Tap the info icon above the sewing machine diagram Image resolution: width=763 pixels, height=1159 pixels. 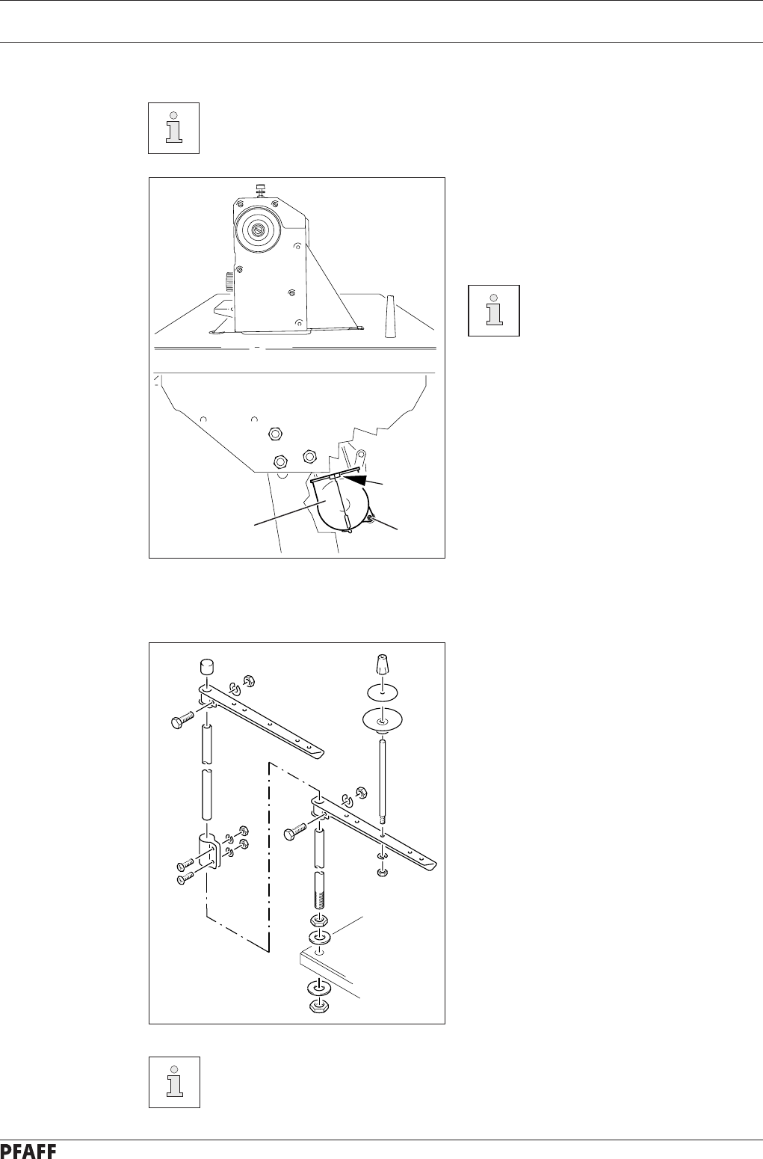(x=173, y=128)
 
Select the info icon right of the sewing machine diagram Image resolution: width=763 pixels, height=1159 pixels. (x=493, y=310)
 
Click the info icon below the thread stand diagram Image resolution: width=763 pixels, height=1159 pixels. (x=173, y=1081)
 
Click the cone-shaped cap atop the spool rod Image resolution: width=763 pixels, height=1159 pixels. (x=381, y=663)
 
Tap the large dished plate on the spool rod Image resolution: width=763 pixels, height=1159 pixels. (x=382, y=719)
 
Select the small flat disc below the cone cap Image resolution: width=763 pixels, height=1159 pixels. (x=381, y=690)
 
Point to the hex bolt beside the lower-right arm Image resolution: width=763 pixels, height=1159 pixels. (x=294, y=830)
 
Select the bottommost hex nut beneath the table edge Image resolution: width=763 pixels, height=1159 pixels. (x=320, y=1006)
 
